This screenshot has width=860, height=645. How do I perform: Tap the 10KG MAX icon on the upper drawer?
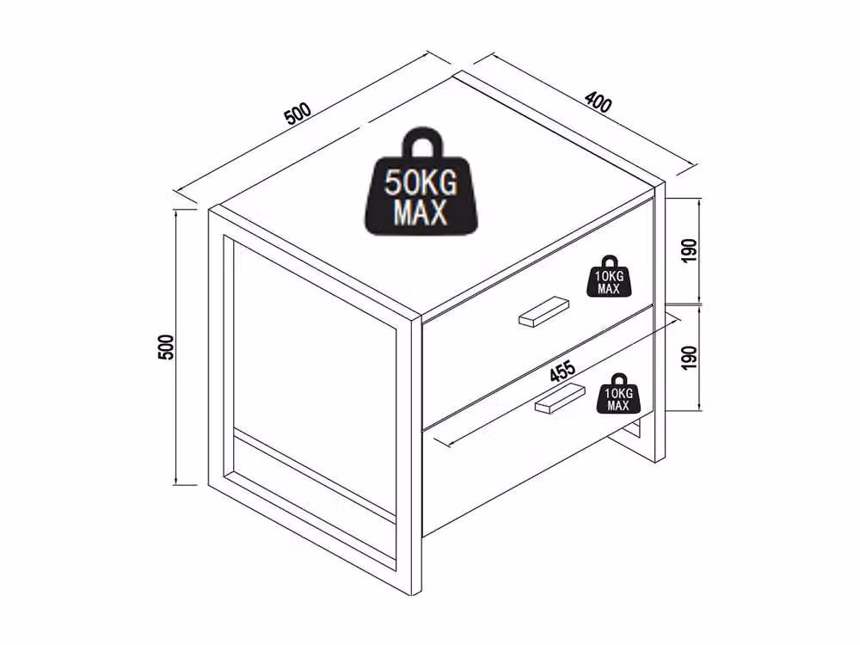pyautogui.click(x=609, y=276)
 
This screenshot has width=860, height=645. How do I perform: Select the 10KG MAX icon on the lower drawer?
pyautogui.click(x=618, y=394)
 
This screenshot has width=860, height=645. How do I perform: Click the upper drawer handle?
pyautogui.click(x=544, y=311)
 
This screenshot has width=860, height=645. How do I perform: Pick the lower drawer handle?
pyautogui.click(x=560, y=397)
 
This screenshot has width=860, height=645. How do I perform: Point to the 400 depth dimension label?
pyautogui.click(x=598, y=102)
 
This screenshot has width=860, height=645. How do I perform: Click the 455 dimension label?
pyautogui.click(x=562, y=371)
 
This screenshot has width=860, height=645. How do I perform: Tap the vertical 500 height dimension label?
pyautogui.click(x=166, y=347)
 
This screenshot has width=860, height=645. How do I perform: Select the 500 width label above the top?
pyautogui.click(x=298, y=113)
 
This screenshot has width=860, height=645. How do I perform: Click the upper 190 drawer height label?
pyautogui.click(x=690, y=250)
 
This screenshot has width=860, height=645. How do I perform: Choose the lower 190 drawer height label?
pyautogui.click(x=690, y=357)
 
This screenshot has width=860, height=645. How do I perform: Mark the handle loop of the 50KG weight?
pyautogui.click(x=421, y=144)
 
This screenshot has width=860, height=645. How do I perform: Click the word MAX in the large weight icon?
pyautogui.click(x=421, y=212)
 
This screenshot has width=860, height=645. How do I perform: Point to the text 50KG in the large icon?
pyautogui.click(x=421, y=182)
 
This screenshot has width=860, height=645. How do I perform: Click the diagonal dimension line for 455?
pyautogui.click(x=556, y=380)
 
